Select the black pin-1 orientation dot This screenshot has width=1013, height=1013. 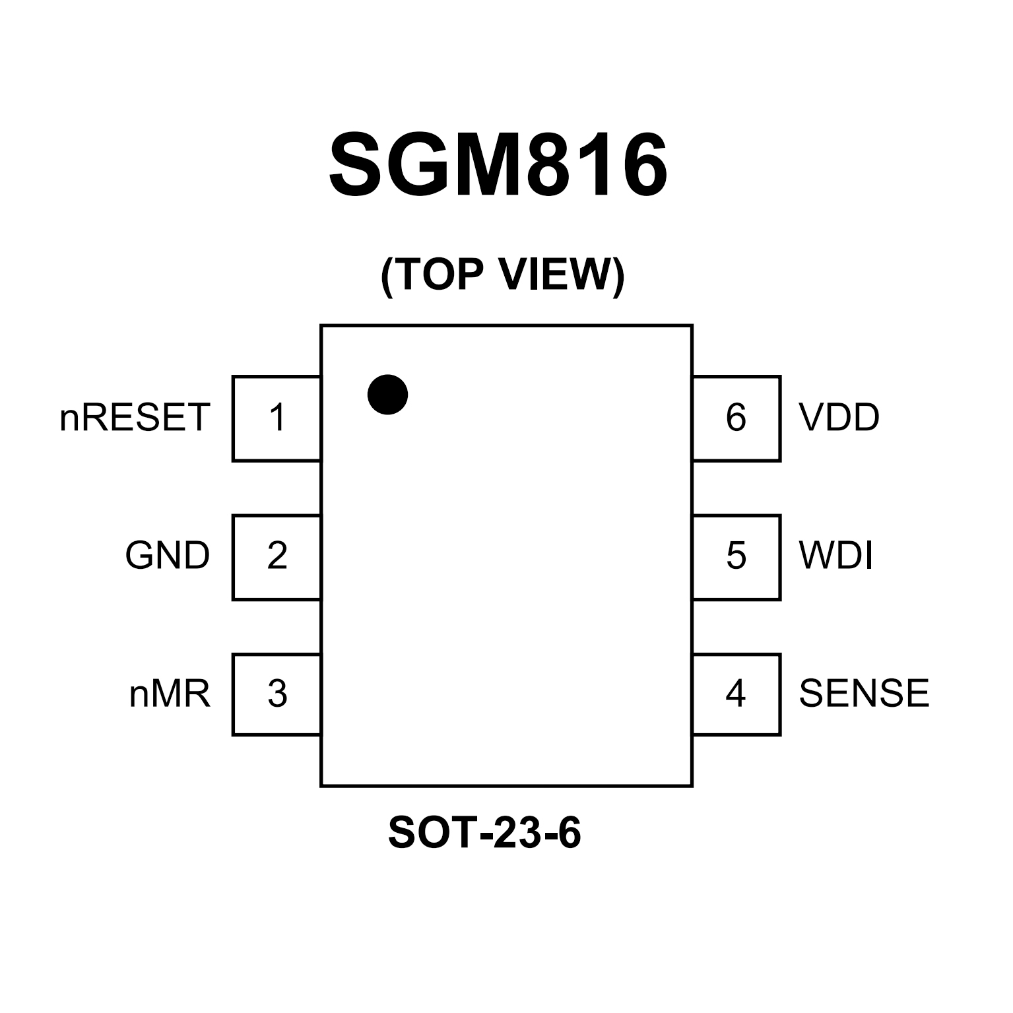click(387, 395)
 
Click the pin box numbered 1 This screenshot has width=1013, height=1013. click(277, 418)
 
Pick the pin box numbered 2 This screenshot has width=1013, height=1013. click(277, 556)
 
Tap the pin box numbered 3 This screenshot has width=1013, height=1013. click(277, 694)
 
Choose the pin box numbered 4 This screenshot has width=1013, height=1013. click(736, 694)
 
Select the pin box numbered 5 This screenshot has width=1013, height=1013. click(736, 556)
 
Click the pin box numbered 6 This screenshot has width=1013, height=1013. click(736, 418)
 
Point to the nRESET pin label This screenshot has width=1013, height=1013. click(135, 418)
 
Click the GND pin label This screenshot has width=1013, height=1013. click(168, 556)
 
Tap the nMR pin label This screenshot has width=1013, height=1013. click(170, 694)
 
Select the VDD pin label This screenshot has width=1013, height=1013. click(839, 418)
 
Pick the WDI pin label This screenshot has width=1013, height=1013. click(836, 556)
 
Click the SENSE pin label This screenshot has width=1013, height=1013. click(864, 694)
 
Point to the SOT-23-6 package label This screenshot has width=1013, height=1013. click(484, 833)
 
